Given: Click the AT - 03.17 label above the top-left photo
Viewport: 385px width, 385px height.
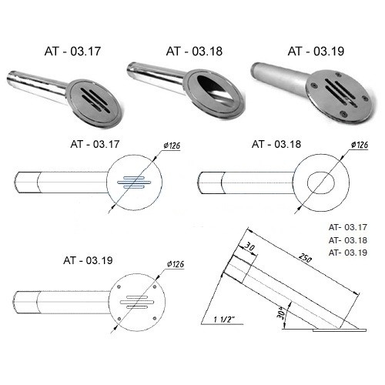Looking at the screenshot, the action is (x=72, y=51).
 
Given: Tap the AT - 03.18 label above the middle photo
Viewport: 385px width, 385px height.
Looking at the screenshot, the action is (x=194, y=51).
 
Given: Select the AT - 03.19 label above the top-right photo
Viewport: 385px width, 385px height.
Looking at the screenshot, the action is (x=316, y=51).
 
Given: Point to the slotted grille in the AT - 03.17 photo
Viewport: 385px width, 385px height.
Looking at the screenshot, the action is (x=95, y=100).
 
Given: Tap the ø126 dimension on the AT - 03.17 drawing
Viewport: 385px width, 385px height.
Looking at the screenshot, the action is (x=172, y=146).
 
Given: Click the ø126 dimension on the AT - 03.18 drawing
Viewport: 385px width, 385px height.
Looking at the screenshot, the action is (x=360, y=145).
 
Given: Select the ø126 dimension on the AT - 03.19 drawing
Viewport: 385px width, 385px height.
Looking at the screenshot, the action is (x=176, y=264).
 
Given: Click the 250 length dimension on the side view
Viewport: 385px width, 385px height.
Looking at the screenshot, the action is (x=305, y=258).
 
